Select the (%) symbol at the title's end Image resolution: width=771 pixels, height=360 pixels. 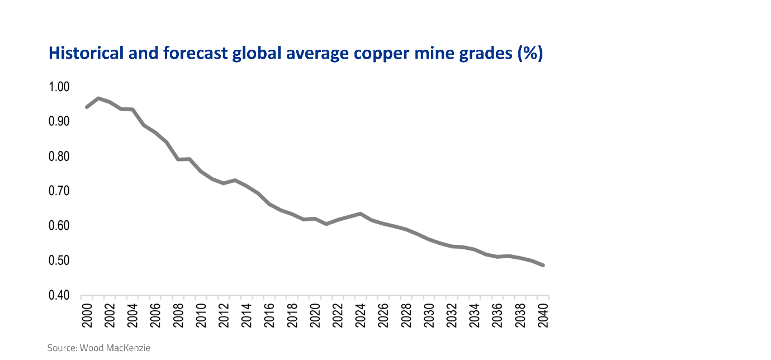point(529,54)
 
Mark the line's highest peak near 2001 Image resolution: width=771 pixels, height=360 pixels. point(98,98)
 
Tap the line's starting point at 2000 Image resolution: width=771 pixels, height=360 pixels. point(87,107)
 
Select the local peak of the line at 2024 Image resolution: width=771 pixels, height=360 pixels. point(361,214)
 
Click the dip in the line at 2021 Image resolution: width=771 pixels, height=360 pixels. point(327,224)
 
